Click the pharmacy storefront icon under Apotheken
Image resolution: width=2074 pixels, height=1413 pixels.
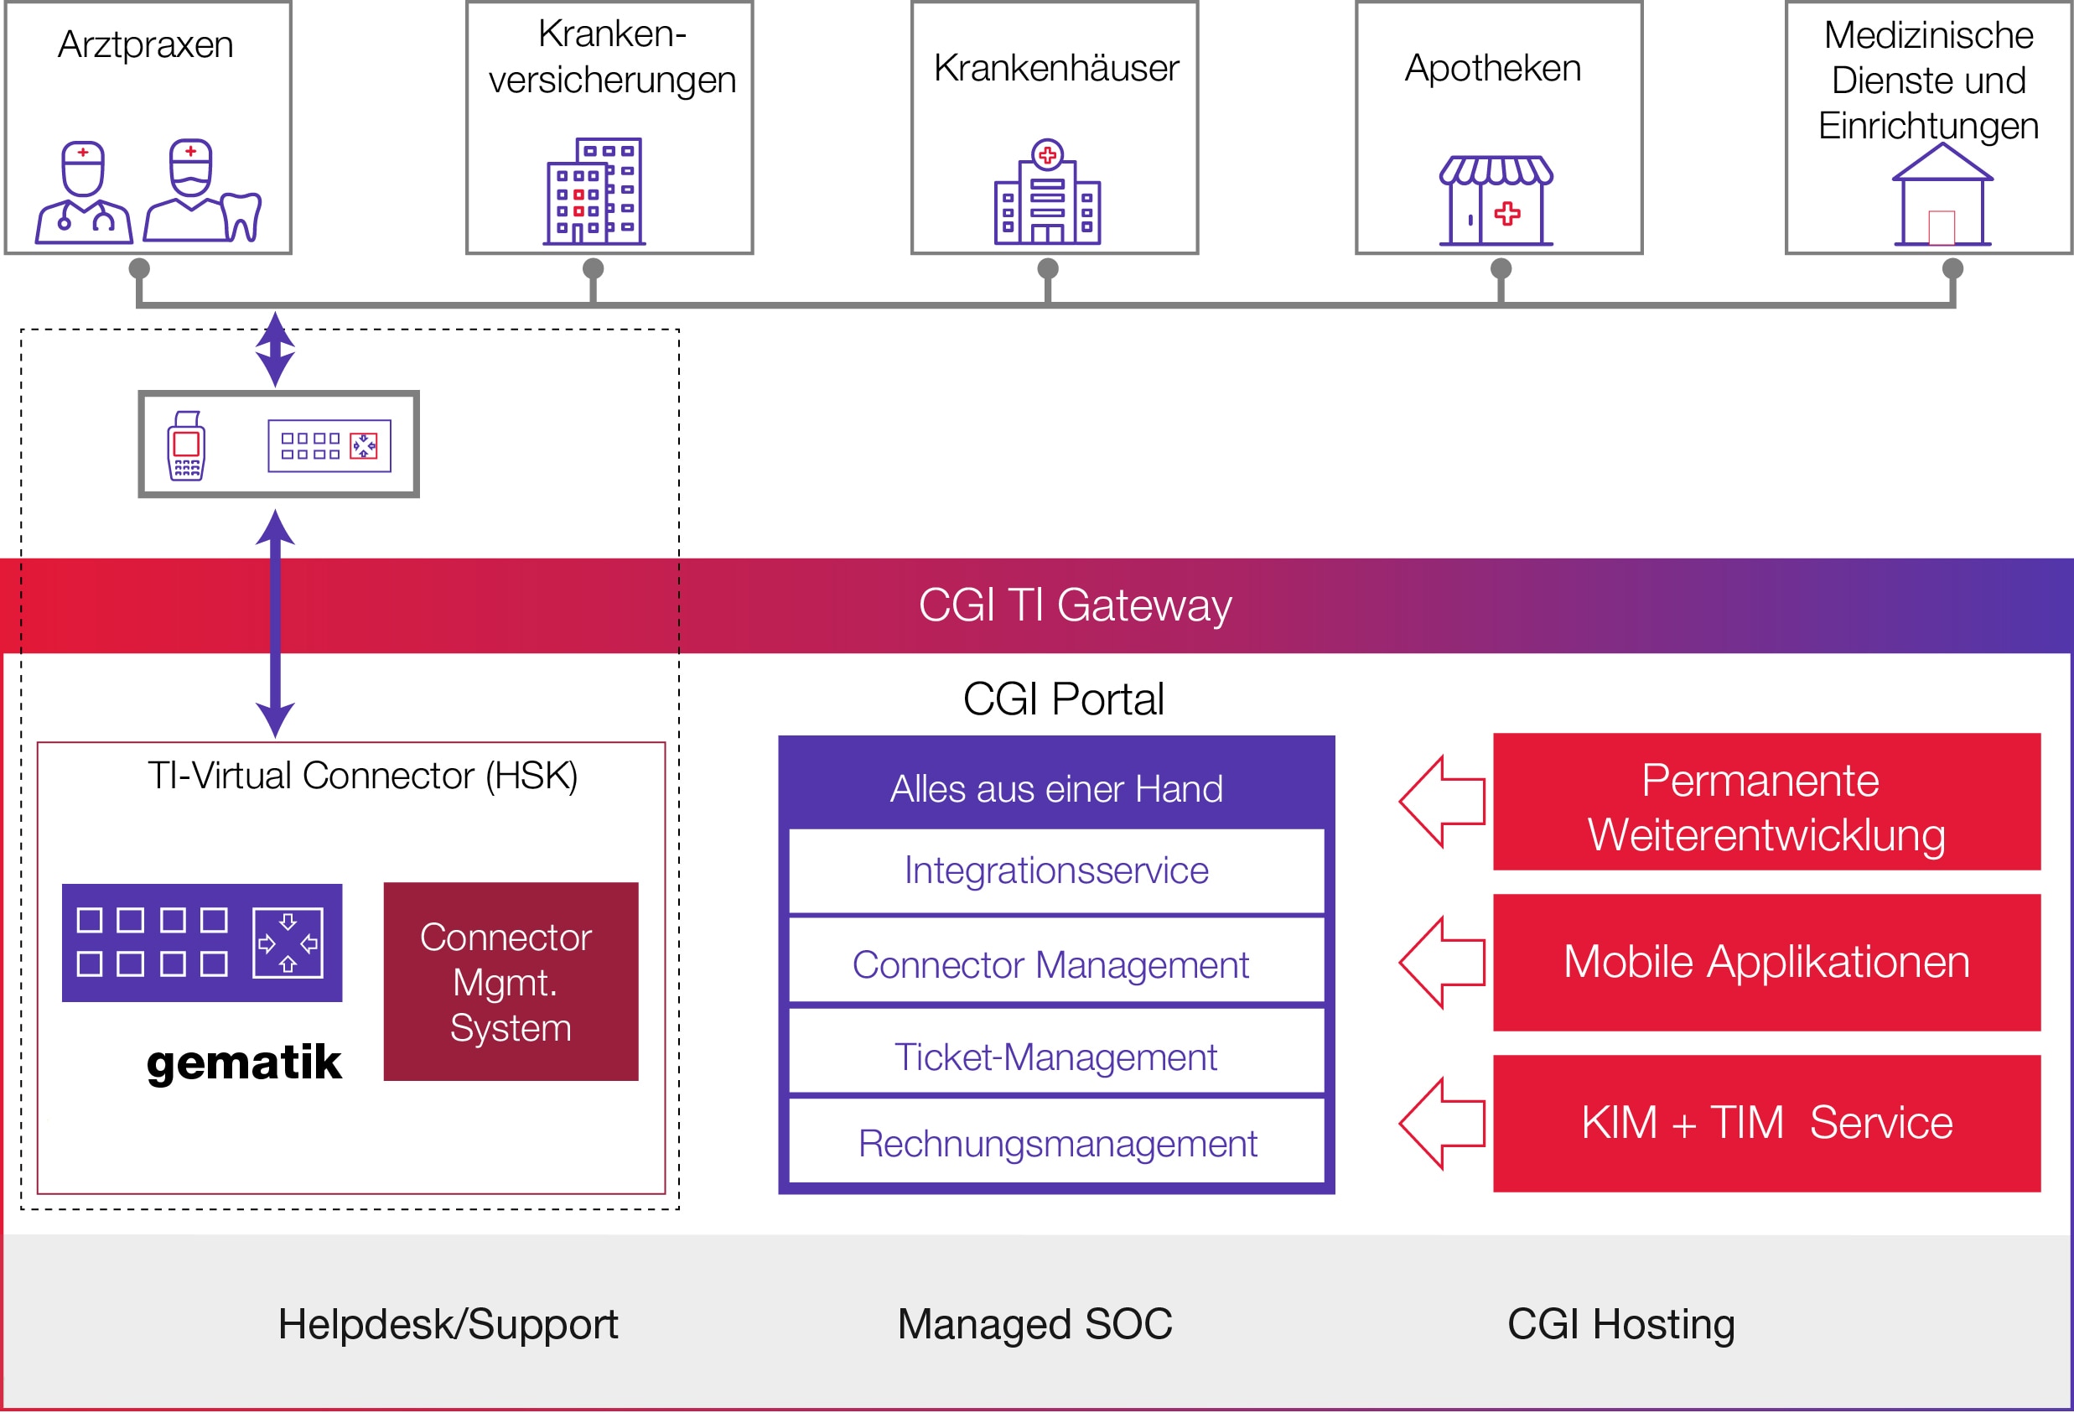coord(1496,200)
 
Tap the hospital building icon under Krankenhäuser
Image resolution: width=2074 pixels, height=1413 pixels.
coord(1047,193)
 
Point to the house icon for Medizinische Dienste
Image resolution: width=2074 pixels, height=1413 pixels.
coord(1942,195)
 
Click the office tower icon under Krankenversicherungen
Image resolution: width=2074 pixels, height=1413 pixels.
coord(594,192)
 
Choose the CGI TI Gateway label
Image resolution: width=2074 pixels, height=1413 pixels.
coord(1075,606)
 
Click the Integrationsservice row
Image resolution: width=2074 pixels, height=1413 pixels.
coord(1056,871)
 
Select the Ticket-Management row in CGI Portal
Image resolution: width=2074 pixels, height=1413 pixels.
coord(1056,1057)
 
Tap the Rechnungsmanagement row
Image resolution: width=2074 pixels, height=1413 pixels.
coord(1056,1145)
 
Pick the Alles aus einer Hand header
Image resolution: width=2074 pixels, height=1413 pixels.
coord(1056,789)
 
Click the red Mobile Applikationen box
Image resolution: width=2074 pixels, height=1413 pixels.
coord(1766,962)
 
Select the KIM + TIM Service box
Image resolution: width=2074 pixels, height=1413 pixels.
coord(1766,1123)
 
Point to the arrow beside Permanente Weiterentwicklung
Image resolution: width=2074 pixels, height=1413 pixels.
coord(1442,802)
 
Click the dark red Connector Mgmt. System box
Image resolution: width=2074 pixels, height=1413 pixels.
coord(511,982)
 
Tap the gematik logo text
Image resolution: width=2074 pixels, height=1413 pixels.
coord(244,1062)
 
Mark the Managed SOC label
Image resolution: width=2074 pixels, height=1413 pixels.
coord(1034,1324)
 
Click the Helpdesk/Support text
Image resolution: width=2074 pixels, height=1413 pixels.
coord(448,1324)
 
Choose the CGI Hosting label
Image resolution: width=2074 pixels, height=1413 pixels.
coord(1620,1324)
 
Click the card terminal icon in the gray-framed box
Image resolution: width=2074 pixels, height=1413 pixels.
coord(186,445)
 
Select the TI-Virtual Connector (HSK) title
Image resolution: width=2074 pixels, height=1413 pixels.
coord(362,776)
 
